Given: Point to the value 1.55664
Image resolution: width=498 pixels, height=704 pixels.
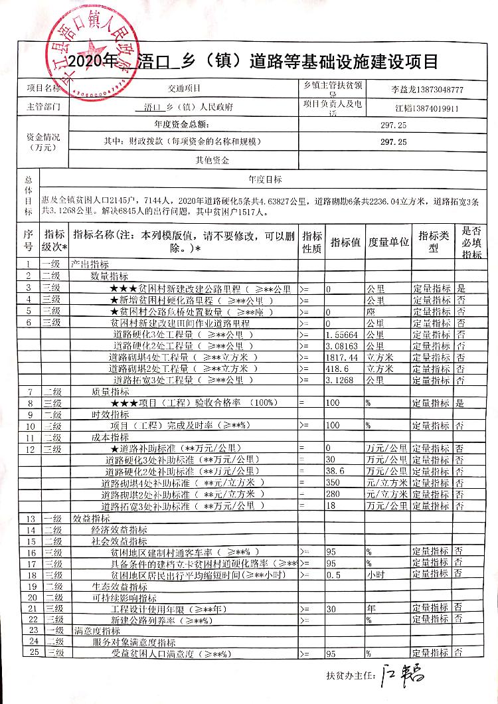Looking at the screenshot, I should click(342, 335).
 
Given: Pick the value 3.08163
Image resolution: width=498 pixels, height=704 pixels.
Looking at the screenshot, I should click(342, 346).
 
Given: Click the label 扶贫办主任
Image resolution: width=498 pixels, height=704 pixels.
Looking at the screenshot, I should click(347, 675).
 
